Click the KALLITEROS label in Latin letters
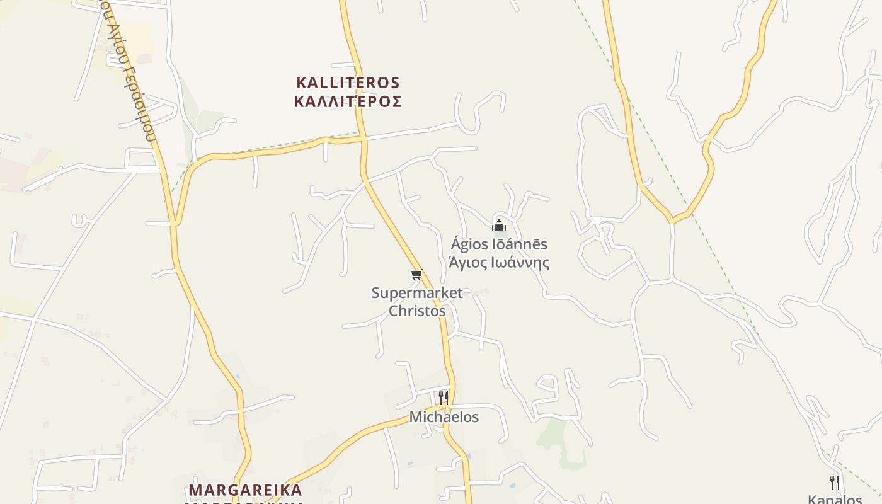(348, 83)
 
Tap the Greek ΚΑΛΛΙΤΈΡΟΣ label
(348, 101)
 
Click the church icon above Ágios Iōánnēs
(499, 225)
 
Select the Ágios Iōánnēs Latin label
(499, 244)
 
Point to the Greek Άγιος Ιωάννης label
(499, 262)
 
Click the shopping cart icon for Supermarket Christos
(416, 274)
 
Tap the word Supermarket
(417, 293)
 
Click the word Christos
(417, 311)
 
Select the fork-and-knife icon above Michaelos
(444, 398)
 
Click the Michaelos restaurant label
(444, 417)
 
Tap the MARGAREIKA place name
(245, 490)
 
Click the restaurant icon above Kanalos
(834, 483)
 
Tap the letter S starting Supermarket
(376, 293)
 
